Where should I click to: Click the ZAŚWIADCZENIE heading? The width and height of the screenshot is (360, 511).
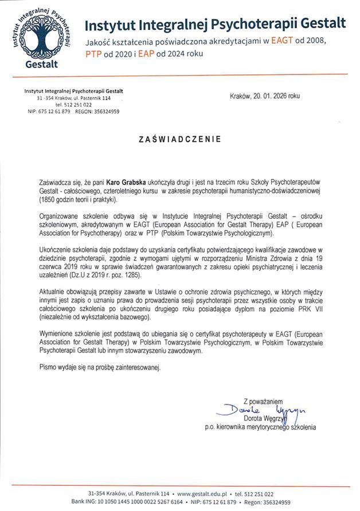point(180,139)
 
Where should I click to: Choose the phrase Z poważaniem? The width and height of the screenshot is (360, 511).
point(263,402)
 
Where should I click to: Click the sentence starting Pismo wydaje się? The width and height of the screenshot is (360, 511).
point(101,365)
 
